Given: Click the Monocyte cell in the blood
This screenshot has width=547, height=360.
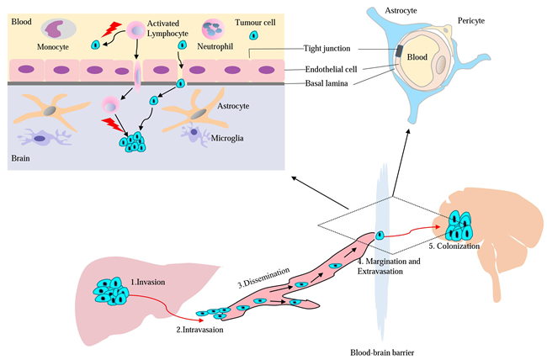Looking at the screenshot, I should click(x=57, y=30).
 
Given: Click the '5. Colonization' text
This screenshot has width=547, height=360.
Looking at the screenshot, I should click(x=454, y=246).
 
